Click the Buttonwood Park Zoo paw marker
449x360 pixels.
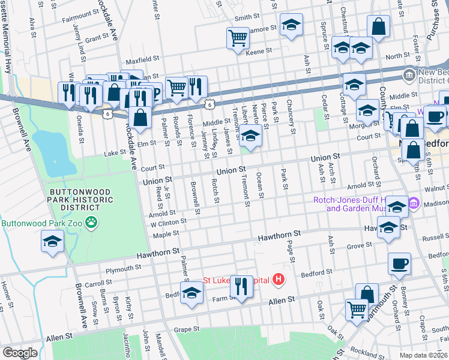91,223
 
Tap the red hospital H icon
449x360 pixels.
278,279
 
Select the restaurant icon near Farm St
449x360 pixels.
241,286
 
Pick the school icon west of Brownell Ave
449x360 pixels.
52,242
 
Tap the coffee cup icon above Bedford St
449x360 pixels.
399,263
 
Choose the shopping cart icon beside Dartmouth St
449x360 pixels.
357,310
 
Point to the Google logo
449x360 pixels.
20,353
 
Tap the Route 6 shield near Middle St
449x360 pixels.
208,104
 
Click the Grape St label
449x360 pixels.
187,329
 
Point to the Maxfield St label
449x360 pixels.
142,60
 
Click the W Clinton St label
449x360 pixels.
170,221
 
